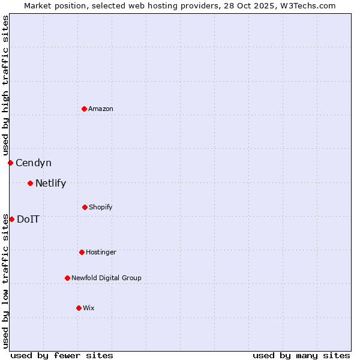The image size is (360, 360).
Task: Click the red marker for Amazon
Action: pyautogui.click(x=84, y=109)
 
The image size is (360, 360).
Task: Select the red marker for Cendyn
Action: pyautogui.click(x=10, y=163)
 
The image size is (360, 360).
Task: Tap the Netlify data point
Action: pyautogui.click(x=30, y=183)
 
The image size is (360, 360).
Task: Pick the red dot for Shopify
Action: pyautogui.click(x=85, y=207)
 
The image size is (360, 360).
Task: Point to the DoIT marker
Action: pyautogui.click(x=11, y=219)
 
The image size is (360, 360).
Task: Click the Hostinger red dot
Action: pyautogui.click(x=82, y=252)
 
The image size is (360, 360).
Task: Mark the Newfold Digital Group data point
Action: pyautogui.click(x=67, y=278)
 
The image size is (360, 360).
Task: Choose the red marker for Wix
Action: pyautogui.click(x=79, y=308)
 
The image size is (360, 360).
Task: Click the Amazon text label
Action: pyautogui.click(x=101, y=109)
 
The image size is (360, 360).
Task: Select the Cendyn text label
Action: pyautogui.click(x=34, y=163)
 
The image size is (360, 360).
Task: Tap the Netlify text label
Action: pyautogui.click(x=50, y=183)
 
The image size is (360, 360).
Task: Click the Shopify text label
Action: pyautogui.click(x=101, y=207)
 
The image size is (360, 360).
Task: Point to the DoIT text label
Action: pyautogui.click(x=28, y=219)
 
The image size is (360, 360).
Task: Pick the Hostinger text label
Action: pyautogui.click(x=101, y=252)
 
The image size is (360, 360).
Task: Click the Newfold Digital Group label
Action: pyautogui.click(x=106, y=278)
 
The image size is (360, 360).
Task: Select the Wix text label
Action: pyautogui.click(x=89, y=308)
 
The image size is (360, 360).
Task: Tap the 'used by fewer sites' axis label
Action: pyautogui.click(x=62, y=355)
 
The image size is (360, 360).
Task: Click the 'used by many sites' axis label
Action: pyautogui.click(x=301, y=355)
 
